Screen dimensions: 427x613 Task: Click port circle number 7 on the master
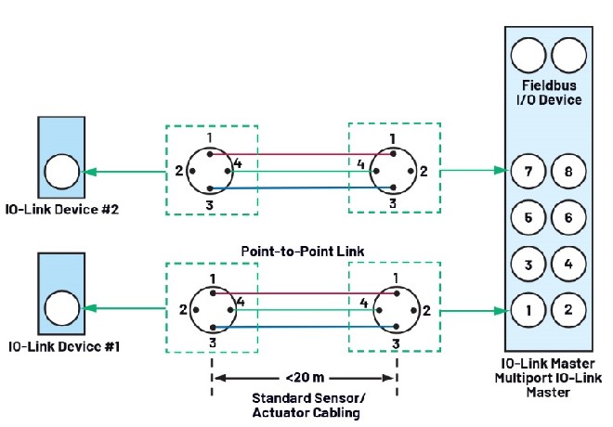[x=527, y=172]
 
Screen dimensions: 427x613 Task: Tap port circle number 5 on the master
[x=527, y=218]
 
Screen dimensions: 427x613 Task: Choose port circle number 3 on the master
[x=527, y=265]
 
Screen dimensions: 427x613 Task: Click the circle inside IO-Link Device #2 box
[x=62, y=172]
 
